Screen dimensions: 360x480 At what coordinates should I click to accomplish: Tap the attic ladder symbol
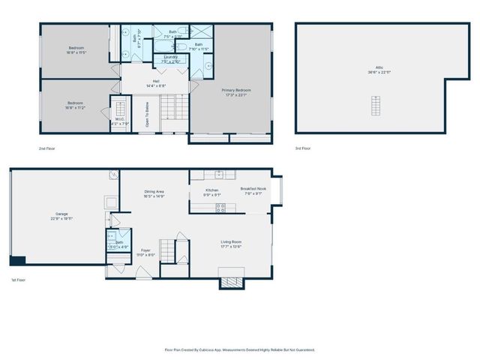(374, 106)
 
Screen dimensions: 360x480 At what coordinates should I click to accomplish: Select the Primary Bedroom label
(235, 92)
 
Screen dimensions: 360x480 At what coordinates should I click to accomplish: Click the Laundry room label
(170, 59)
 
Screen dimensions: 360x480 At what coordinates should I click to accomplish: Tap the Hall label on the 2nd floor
(156, 82)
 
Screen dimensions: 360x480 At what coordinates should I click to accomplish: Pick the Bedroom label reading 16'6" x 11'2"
(75, 106)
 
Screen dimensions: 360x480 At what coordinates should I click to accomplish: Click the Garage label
(61, 215)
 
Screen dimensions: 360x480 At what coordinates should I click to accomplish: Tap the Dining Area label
(154, 193)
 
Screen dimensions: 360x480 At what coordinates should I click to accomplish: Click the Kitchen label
(212, 192)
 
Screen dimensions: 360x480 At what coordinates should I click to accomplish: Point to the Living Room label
(231, 244)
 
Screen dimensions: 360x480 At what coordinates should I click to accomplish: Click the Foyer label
(145, 252)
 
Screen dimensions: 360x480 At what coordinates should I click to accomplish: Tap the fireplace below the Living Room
(231, 283)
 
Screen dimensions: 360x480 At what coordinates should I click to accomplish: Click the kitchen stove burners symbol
(220, 208)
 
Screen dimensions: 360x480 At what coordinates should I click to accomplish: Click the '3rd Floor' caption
(302, 148)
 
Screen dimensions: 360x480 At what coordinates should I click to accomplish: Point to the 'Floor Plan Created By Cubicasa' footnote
(239, 349)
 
